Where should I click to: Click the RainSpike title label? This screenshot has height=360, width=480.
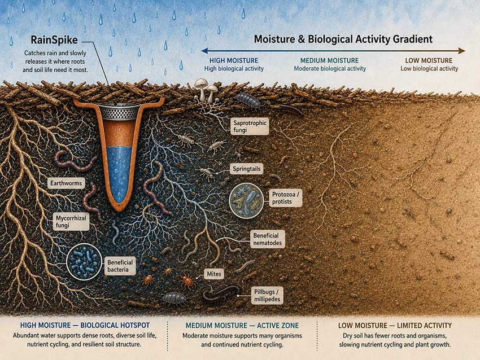coord(54,40)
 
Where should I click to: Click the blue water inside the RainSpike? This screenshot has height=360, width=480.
coord(119,173)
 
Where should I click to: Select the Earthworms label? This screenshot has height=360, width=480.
coord(66,183)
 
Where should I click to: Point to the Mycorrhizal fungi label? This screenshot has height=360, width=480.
coord(71,221)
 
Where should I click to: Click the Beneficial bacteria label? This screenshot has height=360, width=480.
coord(120,266)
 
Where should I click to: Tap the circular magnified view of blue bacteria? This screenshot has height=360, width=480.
coord(84,262)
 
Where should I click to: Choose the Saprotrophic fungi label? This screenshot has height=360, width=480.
coord(250,126)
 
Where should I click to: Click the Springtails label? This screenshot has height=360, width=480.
coord(246,169)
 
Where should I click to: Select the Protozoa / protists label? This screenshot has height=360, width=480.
coord(285,198)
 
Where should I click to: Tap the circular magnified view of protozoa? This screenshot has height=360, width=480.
coord(246,200)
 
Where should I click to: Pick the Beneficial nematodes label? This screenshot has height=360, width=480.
coord(267,239)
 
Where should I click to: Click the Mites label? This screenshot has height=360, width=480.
coord(214,274)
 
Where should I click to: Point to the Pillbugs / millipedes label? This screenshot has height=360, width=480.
coord(267,296)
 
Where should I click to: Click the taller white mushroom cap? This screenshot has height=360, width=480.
coord(200,82)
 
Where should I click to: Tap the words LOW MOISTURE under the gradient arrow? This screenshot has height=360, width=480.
coord(429,60)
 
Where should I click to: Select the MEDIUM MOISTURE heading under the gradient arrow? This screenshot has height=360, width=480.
coord(329,60)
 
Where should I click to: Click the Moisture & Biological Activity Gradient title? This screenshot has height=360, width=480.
coord(343,39)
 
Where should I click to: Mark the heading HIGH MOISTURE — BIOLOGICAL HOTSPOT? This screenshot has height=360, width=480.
coord(85,325)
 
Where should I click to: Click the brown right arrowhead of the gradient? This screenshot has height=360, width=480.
coord(461,51)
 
